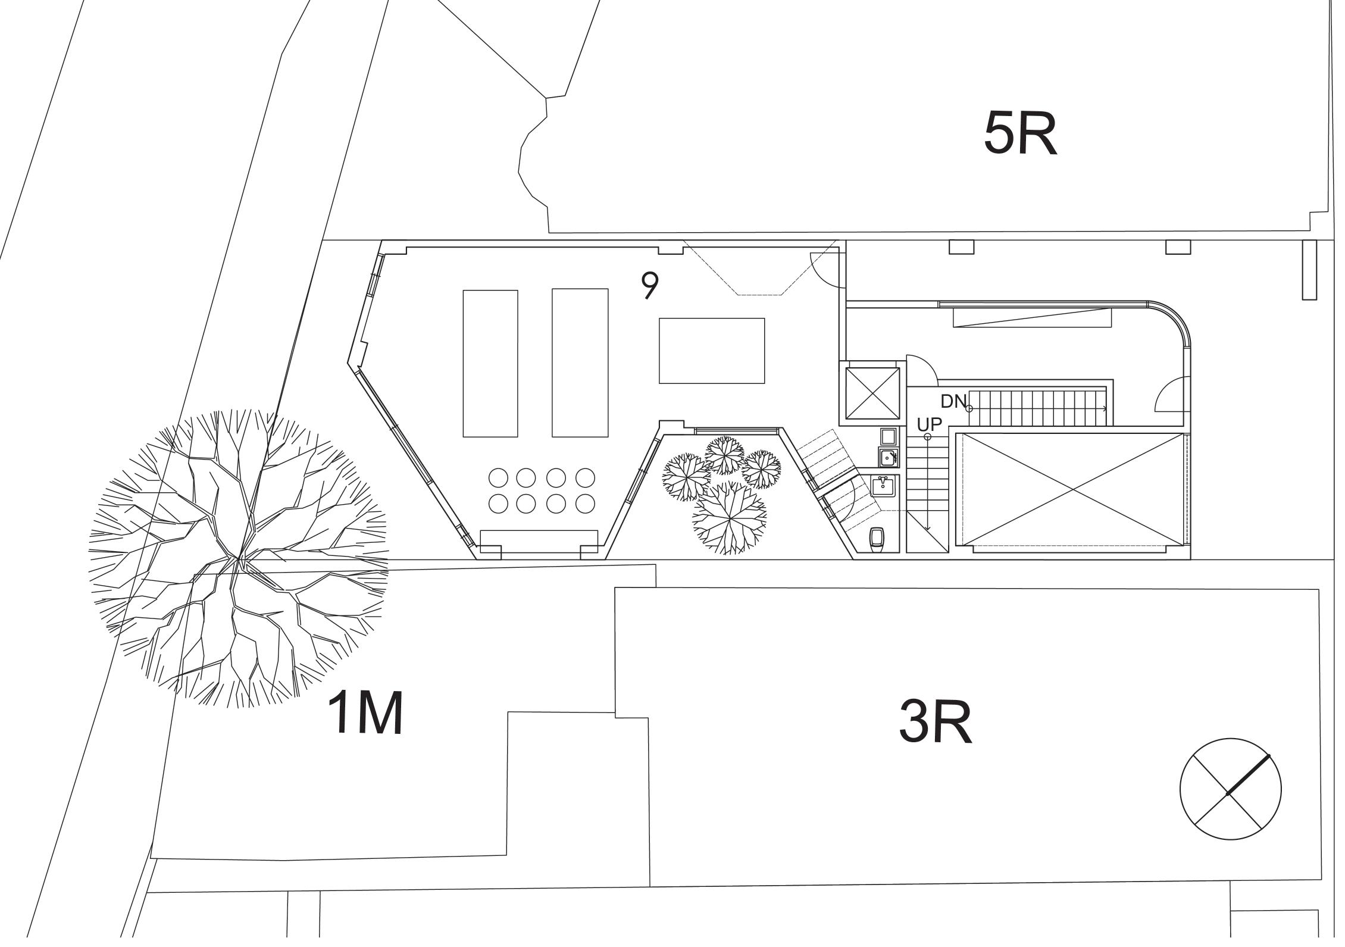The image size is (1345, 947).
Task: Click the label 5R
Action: click(1020, 134)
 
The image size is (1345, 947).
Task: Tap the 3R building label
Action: click(935, 723)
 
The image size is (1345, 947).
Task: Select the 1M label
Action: click(365, 714)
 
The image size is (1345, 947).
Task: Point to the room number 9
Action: click(650, 285)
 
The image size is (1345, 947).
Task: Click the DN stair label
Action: click(953, 402)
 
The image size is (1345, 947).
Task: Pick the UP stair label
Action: click(929, 425)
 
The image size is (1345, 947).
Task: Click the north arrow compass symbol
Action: click(1230, 789)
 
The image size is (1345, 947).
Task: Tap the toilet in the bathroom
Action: click(878, 538)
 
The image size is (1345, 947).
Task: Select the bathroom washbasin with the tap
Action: click(882, 486)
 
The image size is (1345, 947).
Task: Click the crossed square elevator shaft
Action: click(872, 393)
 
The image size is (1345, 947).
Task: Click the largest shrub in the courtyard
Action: click(729, 517)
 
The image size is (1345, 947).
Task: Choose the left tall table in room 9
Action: click(490, 363)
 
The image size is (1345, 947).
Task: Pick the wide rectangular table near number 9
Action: click(711, 351)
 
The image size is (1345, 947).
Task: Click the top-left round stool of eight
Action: click(499, 477)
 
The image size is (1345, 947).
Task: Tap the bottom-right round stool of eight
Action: click(585, 504)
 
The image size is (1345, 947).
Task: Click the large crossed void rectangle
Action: click(1072, 489)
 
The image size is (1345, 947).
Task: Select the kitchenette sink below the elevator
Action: click(888, 457)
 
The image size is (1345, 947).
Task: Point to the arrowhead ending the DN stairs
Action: click(1105, 408)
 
